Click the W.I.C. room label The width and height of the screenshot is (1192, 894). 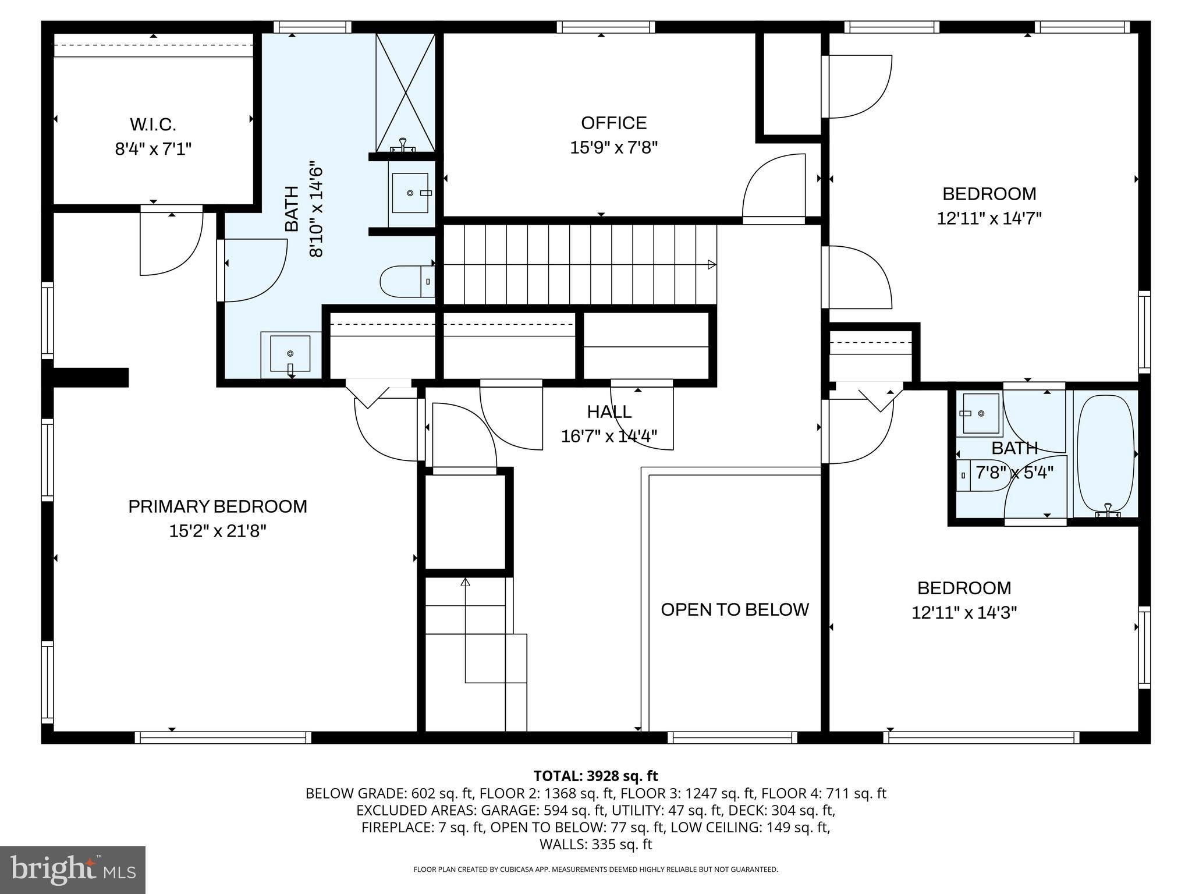click(153, 125)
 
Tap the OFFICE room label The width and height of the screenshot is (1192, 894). click(614, 123)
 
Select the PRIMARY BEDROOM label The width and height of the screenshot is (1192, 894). click(218, 506)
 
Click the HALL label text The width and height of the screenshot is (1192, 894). click(609, 411)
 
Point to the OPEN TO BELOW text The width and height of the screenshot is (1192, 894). click(735, 609)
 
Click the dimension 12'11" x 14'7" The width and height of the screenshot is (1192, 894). click(989, 218)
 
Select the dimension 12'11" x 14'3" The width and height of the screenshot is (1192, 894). click(964, 612)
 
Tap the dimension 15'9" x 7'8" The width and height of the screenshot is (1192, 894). click(614, 148)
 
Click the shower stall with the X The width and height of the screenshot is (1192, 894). click(405, 93)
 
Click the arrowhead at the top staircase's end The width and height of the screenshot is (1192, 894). click(712, 265)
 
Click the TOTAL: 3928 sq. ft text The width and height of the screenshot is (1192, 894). click(595, 776)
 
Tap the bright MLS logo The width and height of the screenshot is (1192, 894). click(73, 870)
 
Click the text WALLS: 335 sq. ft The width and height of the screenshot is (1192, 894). click(595, 845)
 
